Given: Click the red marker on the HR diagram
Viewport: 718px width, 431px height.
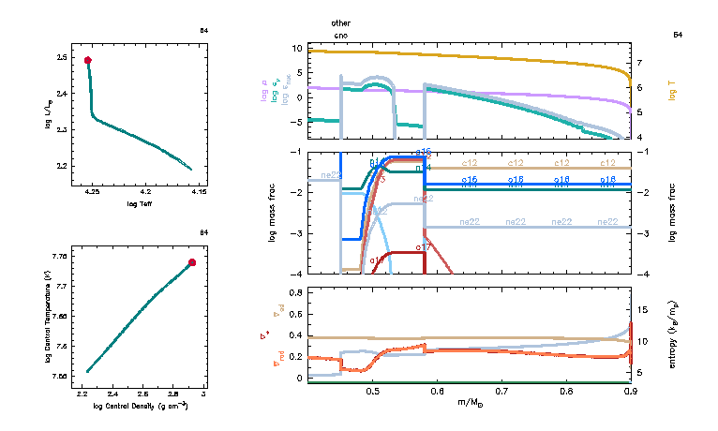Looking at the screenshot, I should pos(88,60).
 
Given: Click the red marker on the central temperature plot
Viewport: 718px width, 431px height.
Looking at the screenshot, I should pos(192,262).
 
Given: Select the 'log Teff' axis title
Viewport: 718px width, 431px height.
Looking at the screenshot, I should pos(141,202).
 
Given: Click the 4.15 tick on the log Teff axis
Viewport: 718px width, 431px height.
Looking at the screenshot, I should pos(192,191).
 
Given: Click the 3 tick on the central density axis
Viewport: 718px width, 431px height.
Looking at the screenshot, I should pos(203,394).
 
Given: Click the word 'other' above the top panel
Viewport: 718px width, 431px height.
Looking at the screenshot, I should pos(341,22).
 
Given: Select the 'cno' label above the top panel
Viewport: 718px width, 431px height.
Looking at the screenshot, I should pos(340,35).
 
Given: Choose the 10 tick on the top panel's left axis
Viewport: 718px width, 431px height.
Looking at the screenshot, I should pos(296,48).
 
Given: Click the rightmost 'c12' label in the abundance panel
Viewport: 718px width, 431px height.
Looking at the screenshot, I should pos(607,164).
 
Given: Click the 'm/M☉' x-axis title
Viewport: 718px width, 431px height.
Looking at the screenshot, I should pos(469,404).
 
